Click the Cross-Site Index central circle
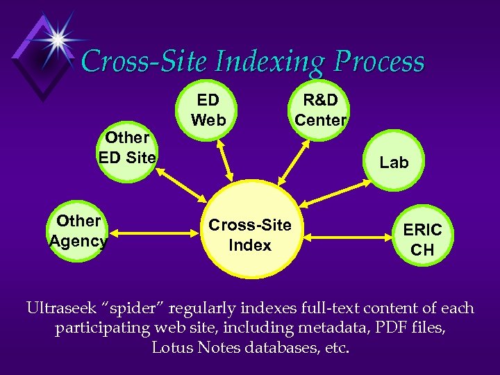(x=250, y=236)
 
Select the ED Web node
(x=208, y=111)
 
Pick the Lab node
(x=394, y=162)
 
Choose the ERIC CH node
(x=422, y=239)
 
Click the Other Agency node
(x=78, y=231)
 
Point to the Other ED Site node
(x=128, y=148)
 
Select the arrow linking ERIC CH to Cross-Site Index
(x=347, y=237)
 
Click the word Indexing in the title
(x=272, y=62)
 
